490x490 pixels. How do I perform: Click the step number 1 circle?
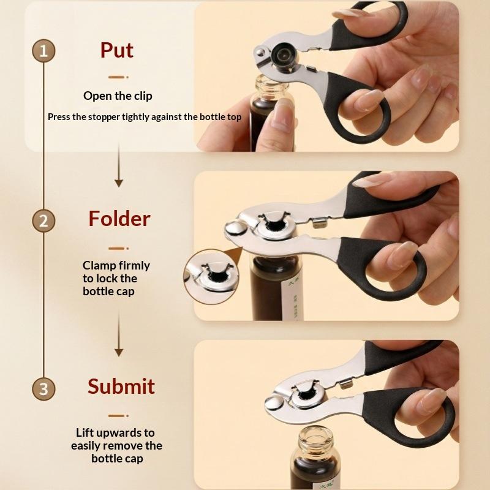click(x=43, y=51)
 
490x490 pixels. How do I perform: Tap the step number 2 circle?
click(x=43, y=221)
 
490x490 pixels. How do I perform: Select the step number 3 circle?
click(x=43, y=389)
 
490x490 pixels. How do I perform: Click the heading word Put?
click(x=117, y=51)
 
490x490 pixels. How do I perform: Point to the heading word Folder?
click(x=119, y=219)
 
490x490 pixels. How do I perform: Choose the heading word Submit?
click(x=121, y=386)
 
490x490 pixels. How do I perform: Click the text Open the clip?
click(x=118, y=96)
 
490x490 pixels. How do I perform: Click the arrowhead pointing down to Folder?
click(x=119, y=183)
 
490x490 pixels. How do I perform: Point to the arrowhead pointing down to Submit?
click(x=119, y=352)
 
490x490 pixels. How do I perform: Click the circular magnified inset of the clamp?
click(x=211, y=277)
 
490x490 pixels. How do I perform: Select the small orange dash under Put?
click(x=118, y=77)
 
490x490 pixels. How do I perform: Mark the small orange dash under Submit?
click(x=118, y=416)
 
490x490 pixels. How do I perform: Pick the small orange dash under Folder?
click(x=118, y=249)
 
